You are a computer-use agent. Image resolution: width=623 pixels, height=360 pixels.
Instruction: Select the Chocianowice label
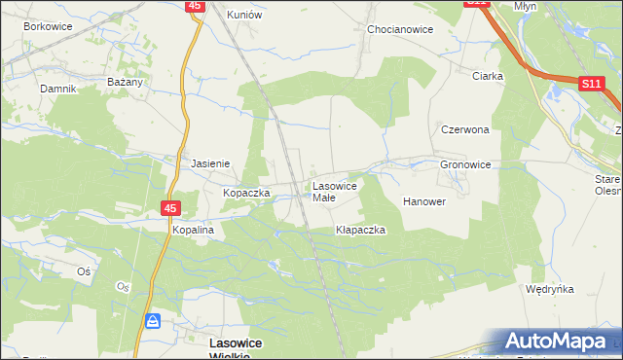click(400, 29)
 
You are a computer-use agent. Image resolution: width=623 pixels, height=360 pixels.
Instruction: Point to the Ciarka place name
click(487, 76)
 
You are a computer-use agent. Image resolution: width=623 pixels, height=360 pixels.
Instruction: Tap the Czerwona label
click(464, 129)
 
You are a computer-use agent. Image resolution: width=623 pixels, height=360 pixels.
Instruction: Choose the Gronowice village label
click(465, 165)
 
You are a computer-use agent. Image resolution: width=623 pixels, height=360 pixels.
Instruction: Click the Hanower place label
click(424, 202)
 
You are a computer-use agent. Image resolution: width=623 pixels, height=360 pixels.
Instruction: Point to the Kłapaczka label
click(361, 231)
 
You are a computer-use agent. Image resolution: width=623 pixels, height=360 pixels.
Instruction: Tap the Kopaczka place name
click(245, 194)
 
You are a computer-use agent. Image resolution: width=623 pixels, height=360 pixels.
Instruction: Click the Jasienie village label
click(210, 164)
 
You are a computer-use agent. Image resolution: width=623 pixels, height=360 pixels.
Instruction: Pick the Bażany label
click(127, 83)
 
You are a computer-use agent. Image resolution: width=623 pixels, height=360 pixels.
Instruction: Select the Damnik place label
click(57, 89)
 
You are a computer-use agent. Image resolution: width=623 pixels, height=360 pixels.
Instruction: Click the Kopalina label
click(193, 230)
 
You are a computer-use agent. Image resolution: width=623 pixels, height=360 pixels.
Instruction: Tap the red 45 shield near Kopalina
click(170, 208)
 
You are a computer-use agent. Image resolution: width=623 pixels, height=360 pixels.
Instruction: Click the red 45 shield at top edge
click(195, 6)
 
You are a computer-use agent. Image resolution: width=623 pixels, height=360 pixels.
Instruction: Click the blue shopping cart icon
click(153, 320)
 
